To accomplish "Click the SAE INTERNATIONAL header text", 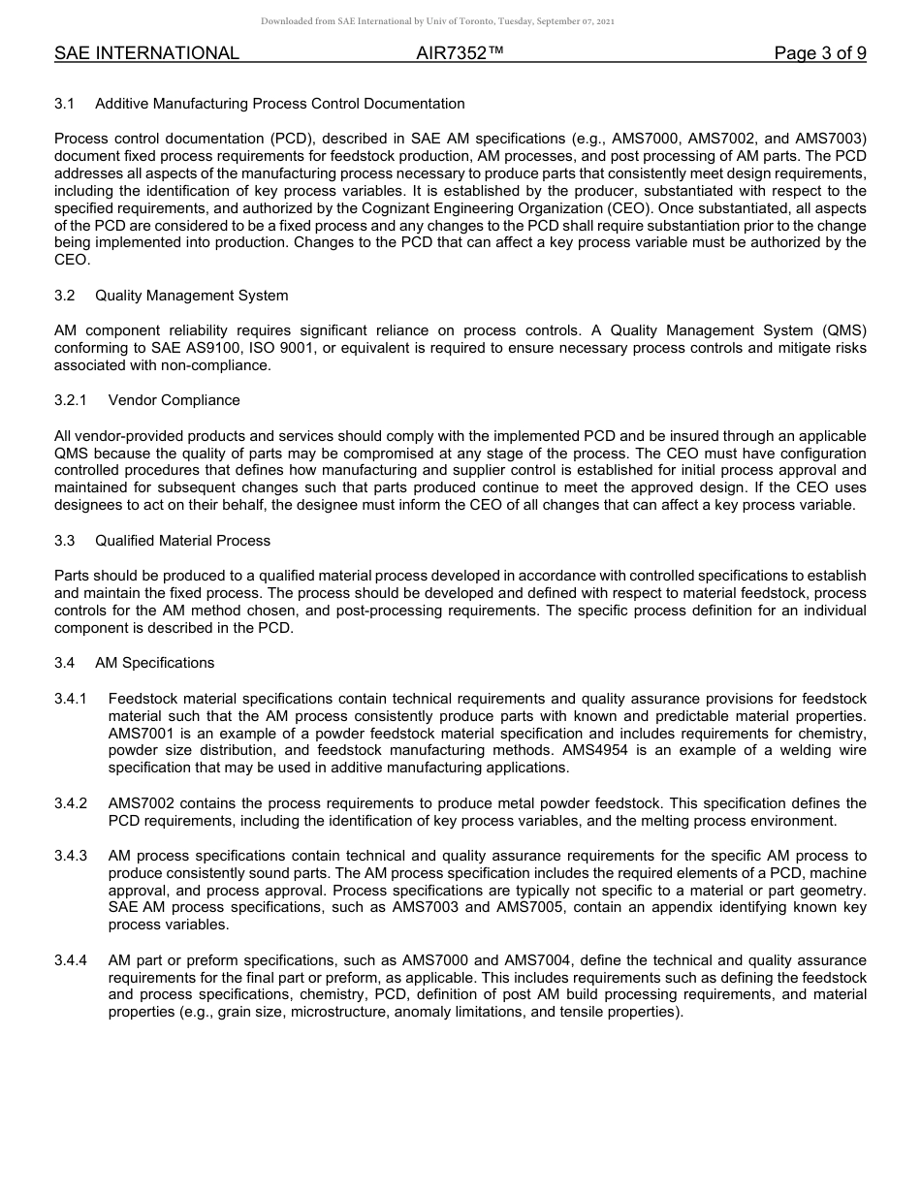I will tap(146, 53).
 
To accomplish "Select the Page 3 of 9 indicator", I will tap(819, 53).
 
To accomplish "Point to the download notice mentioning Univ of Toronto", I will tap(437, 21).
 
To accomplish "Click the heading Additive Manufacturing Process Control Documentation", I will tap(279, 104).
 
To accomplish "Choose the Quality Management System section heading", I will tap(191, 296).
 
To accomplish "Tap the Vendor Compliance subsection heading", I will tap(174, 400).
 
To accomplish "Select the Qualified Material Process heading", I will tap(182, 541).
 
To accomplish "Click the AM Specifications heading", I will tap(154, 663).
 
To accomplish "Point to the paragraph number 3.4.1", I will tap(71, 699).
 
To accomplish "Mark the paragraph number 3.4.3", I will tap(71, 856).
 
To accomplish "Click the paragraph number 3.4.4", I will tap(71, 960).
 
